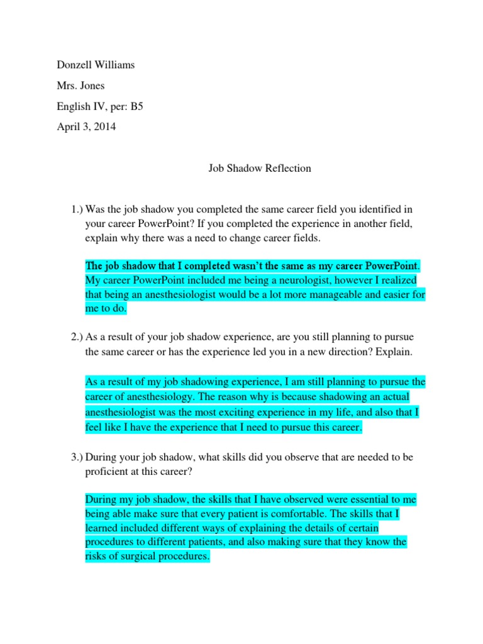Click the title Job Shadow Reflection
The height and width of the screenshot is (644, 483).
259,169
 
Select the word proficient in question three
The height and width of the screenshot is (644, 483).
107,472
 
